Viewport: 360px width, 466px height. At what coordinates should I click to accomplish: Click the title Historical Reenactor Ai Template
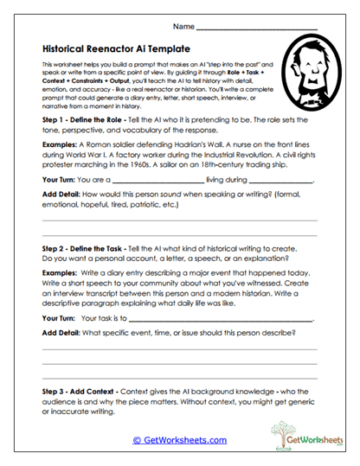point(115,50)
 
